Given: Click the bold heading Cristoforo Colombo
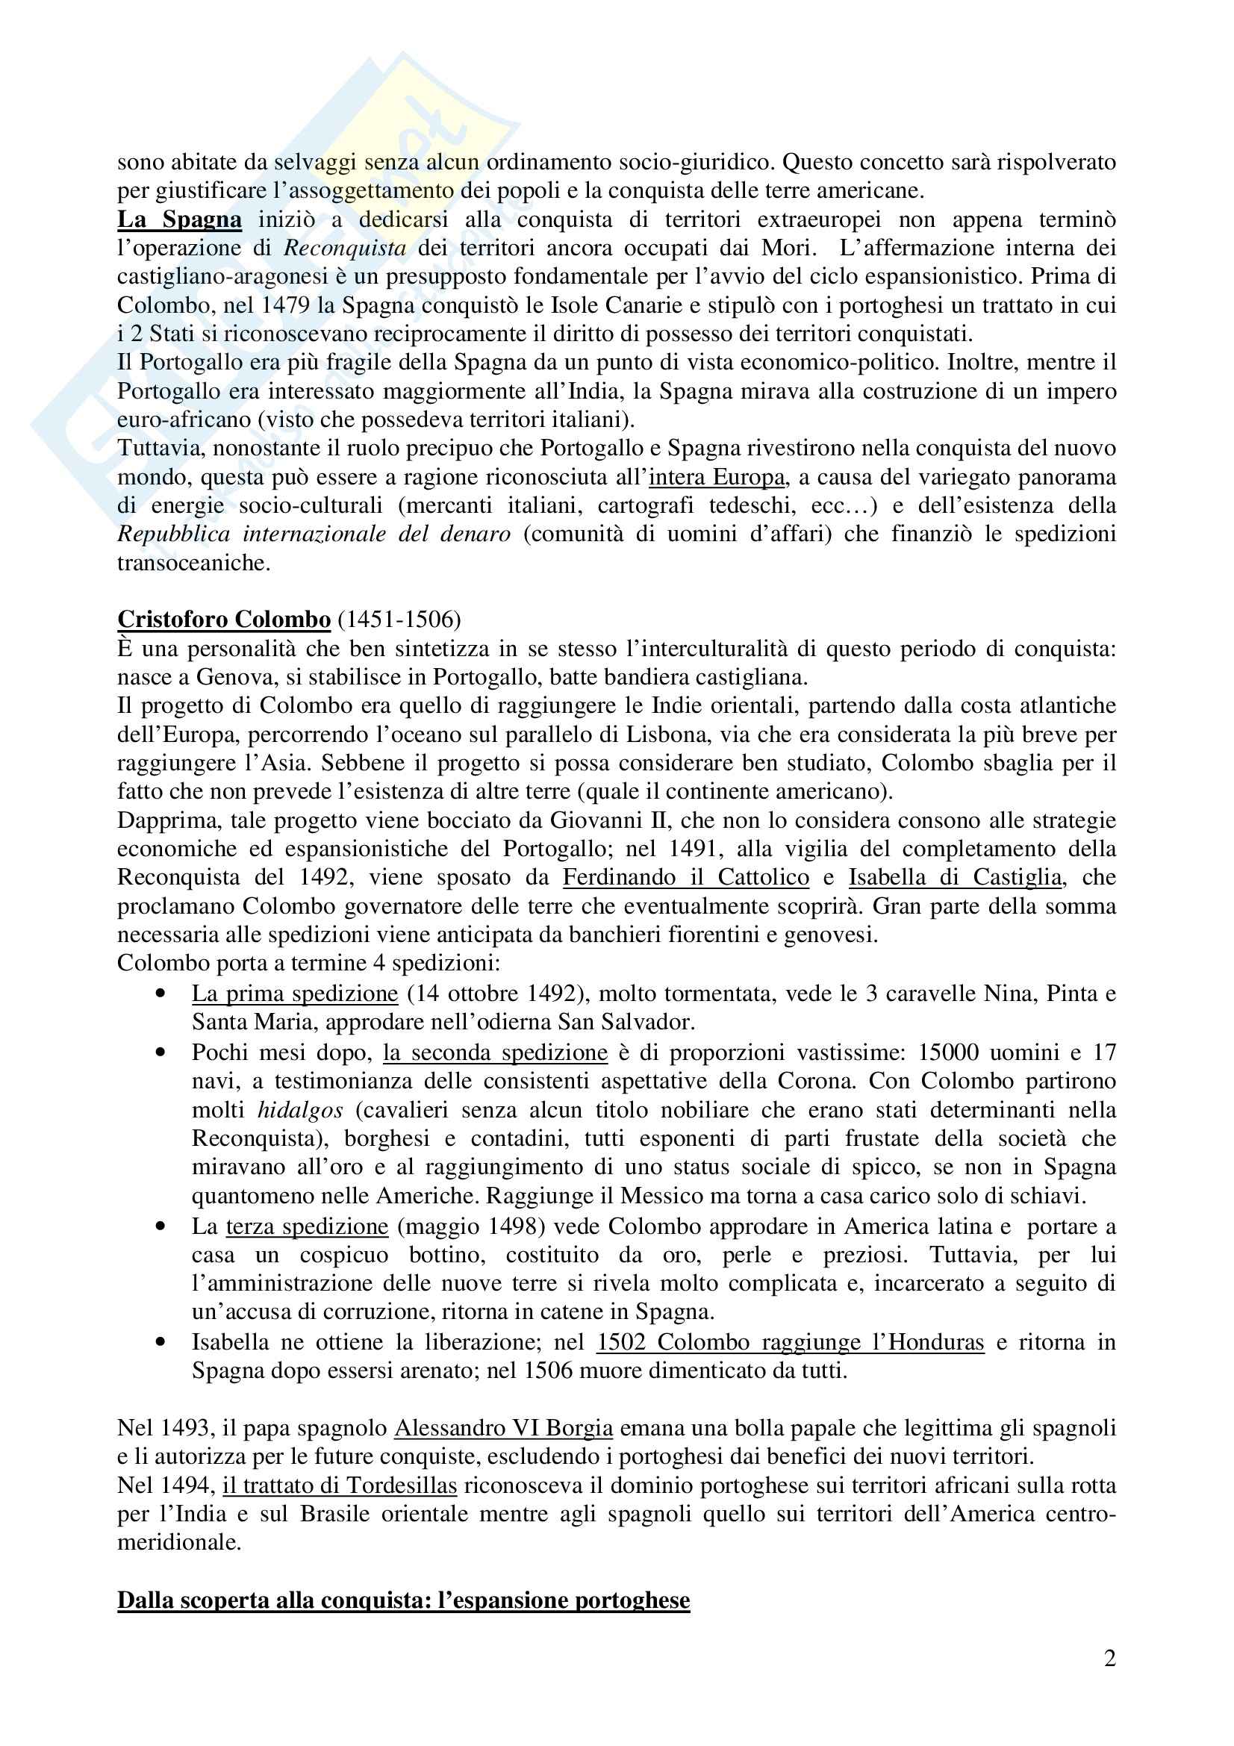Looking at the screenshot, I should coord(223,620).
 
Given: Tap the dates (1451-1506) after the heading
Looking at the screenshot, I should coord(399,620).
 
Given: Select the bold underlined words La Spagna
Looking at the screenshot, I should coord(179,219).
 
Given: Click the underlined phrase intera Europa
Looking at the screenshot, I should coord(717,478).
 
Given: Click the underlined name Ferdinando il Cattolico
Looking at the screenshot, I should coord(686,878).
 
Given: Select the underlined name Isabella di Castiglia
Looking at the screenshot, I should coord(955,878).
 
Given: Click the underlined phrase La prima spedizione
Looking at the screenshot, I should coord(295,994).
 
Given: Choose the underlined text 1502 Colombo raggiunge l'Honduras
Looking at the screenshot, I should coord(790,1342).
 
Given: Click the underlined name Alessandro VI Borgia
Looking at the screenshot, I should coord(503,1428).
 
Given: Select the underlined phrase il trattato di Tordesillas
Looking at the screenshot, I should coord(340,1485).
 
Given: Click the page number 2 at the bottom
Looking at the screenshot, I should coord(1109,1680).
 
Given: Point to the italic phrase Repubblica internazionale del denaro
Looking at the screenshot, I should coord(314,534).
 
